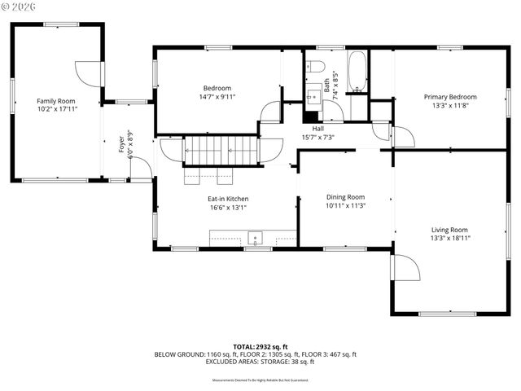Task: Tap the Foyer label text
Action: click(x=122, y=143)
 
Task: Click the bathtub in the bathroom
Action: click(x=357, y=72)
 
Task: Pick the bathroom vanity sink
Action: click(x=313, y=95)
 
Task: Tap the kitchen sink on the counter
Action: click(x=255, y=239)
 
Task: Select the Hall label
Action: click(x=317, y=128)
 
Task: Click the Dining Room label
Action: click(x=345, y=197)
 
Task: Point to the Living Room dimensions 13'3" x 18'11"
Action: click(x=449, y=238)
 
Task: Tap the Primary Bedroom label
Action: click(x=449, y=96)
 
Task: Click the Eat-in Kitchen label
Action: click(x=227, y=198)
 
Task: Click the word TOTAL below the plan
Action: click(x=247, y=347)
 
